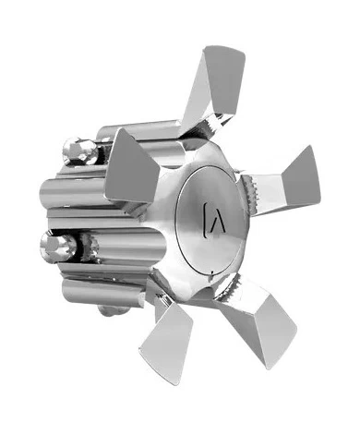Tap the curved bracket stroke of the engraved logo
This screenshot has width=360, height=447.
click(205, 219)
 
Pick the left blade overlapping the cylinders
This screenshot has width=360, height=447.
click(128, 175)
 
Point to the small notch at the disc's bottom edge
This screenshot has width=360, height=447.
click(213, 272)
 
